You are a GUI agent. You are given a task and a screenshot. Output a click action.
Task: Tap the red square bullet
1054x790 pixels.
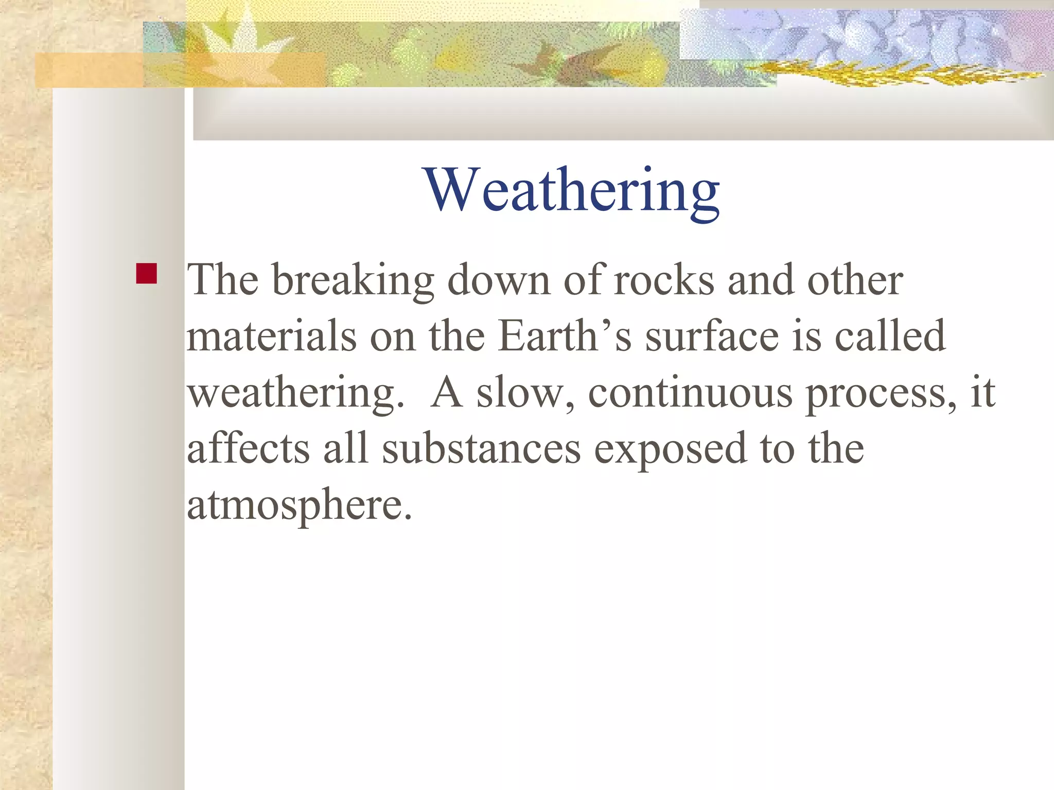[147, 274]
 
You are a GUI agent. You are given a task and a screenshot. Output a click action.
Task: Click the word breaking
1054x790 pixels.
[353, 281]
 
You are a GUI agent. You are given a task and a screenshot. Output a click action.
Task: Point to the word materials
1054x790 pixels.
[271, 336]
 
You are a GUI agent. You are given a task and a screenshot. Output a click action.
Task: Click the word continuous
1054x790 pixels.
[690, 393]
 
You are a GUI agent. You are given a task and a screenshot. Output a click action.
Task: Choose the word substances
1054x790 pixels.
[481, 448]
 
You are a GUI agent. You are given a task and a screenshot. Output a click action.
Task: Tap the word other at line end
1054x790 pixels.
[855, 281]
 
